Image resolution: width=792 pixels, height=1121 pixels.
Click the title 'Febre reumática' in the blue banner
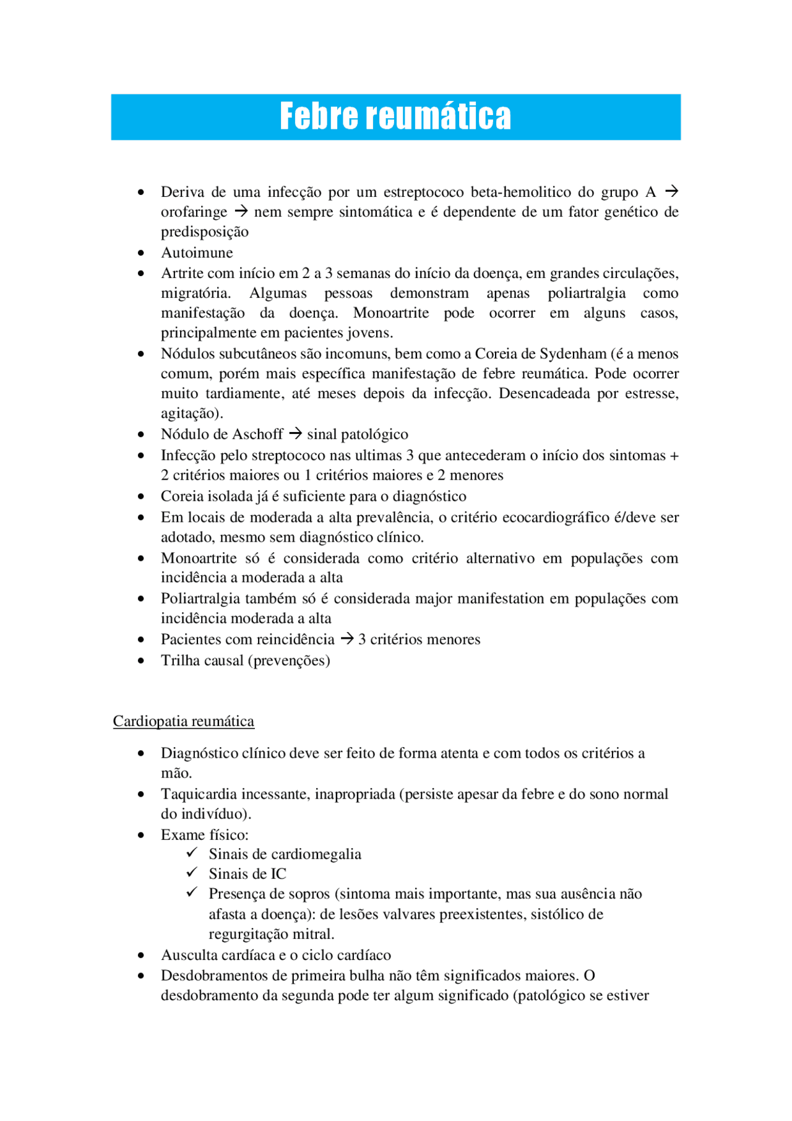(x=395, y=116)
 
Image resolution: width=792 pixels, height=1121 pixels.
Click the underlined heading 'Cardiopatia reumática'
(x=183, y=721)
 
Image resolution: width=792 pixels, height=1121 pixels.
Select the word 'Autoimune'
(x=197, y=253)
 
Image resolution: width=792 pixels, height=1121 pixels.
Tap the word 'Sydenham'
(x=572, y=353)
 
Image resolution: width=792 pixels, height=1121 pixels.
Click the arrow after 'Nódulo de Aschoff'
(x=295, y=433)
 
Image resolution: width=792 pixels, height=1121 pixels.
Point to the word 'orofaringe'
(x=194, y=212)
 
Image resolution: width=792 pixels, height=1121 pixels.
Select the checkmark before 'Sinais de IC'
(x=192, y=872)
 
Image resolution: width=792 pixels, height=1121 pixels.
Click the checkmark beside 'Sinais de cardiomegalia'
(x=192, y=852)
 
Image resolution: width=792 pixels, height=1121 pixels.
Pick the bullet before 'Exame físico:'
(x=141, y=835)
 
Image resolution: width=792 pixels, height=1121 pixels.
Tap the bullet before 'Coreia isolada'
(x=141, y=496)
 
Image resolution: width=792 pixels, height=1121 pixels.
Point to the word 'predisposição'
(x=205, y=232)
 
